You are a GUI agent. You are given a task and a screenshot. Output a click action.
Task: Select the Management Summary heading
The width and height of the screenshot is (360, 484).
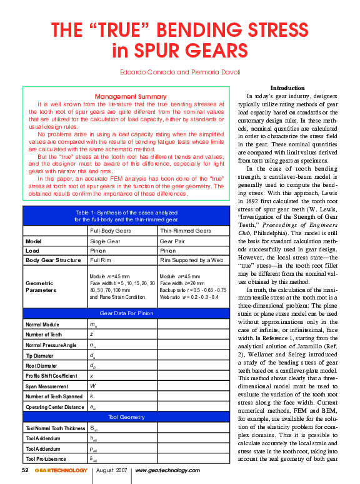131,96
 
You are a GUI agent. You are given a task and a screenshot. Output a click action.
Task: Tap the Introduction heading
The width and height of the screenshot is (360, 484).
287,88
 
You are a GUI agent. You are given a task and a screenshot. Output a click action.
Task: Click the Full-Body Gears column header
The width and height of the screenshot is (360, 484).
112,231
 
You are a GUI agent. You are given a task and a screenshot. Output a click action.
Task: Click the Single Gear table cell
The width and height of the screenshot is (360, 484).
107,240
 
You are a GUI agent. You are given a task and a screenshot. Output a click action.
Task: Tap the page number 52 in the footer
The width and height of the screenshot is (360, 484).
26,470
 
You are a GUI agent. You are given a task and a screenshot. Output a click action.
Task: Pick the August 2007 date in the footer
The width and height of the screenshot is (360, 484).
112,470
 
